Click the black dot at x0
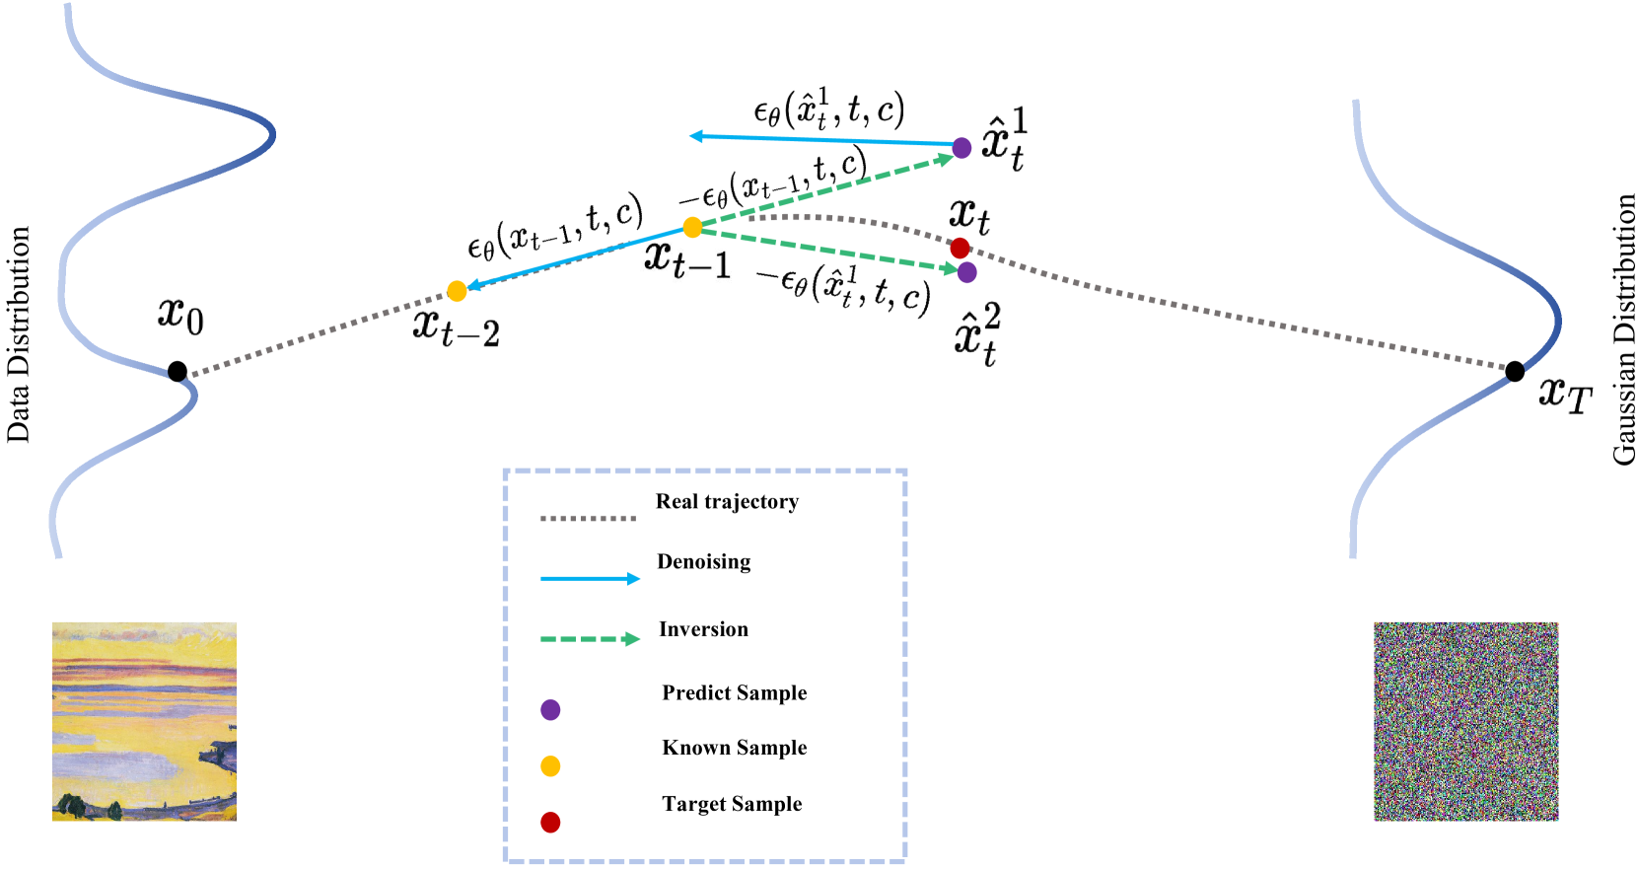[x=178, y=372]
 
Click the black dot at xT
[x=1515, y=371]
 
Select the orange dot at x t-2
[x=457, y=291]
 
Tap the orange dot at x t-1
[x=692, y=228]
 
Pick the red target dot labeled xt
[x=960, y=248]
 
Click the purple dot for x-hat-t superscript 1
[x=961, y=148]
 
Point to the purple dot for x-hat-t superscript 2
[x=966, y=272]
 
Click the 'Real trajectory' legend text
[x=727, y=501]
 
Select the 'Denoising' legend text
[x=703, y=561]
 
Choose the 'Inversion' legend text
[x=703, y=629]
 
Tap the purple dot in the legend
[x=550, y=709]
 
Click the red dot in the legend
[x=550, y=823]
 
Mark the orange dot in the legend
[x=550, y=766]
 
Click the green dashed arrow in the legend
[x=589, y=639]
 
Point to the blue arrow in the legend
[x=589, y=578]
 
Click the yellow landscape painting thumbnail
[x=144, y=721]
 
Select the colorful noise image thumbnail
[x=1465, y=721]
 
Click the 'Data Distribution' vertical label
[x=19, y=334]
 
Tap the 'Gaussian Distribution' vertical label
[x=1623, y=329]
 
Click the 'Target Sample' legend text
[x=732, y=804]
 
